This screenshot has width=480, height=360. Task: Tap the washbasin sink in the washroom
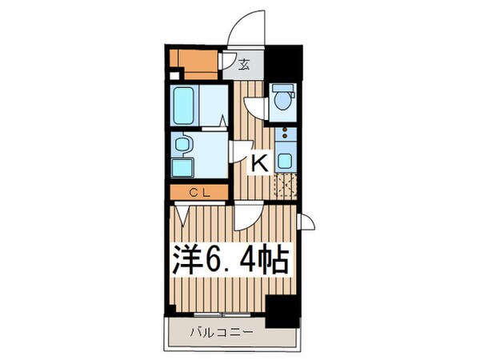(x=183, y=145)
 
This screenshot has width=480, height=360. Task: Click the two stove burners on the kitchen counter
(x=284, y=135)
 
